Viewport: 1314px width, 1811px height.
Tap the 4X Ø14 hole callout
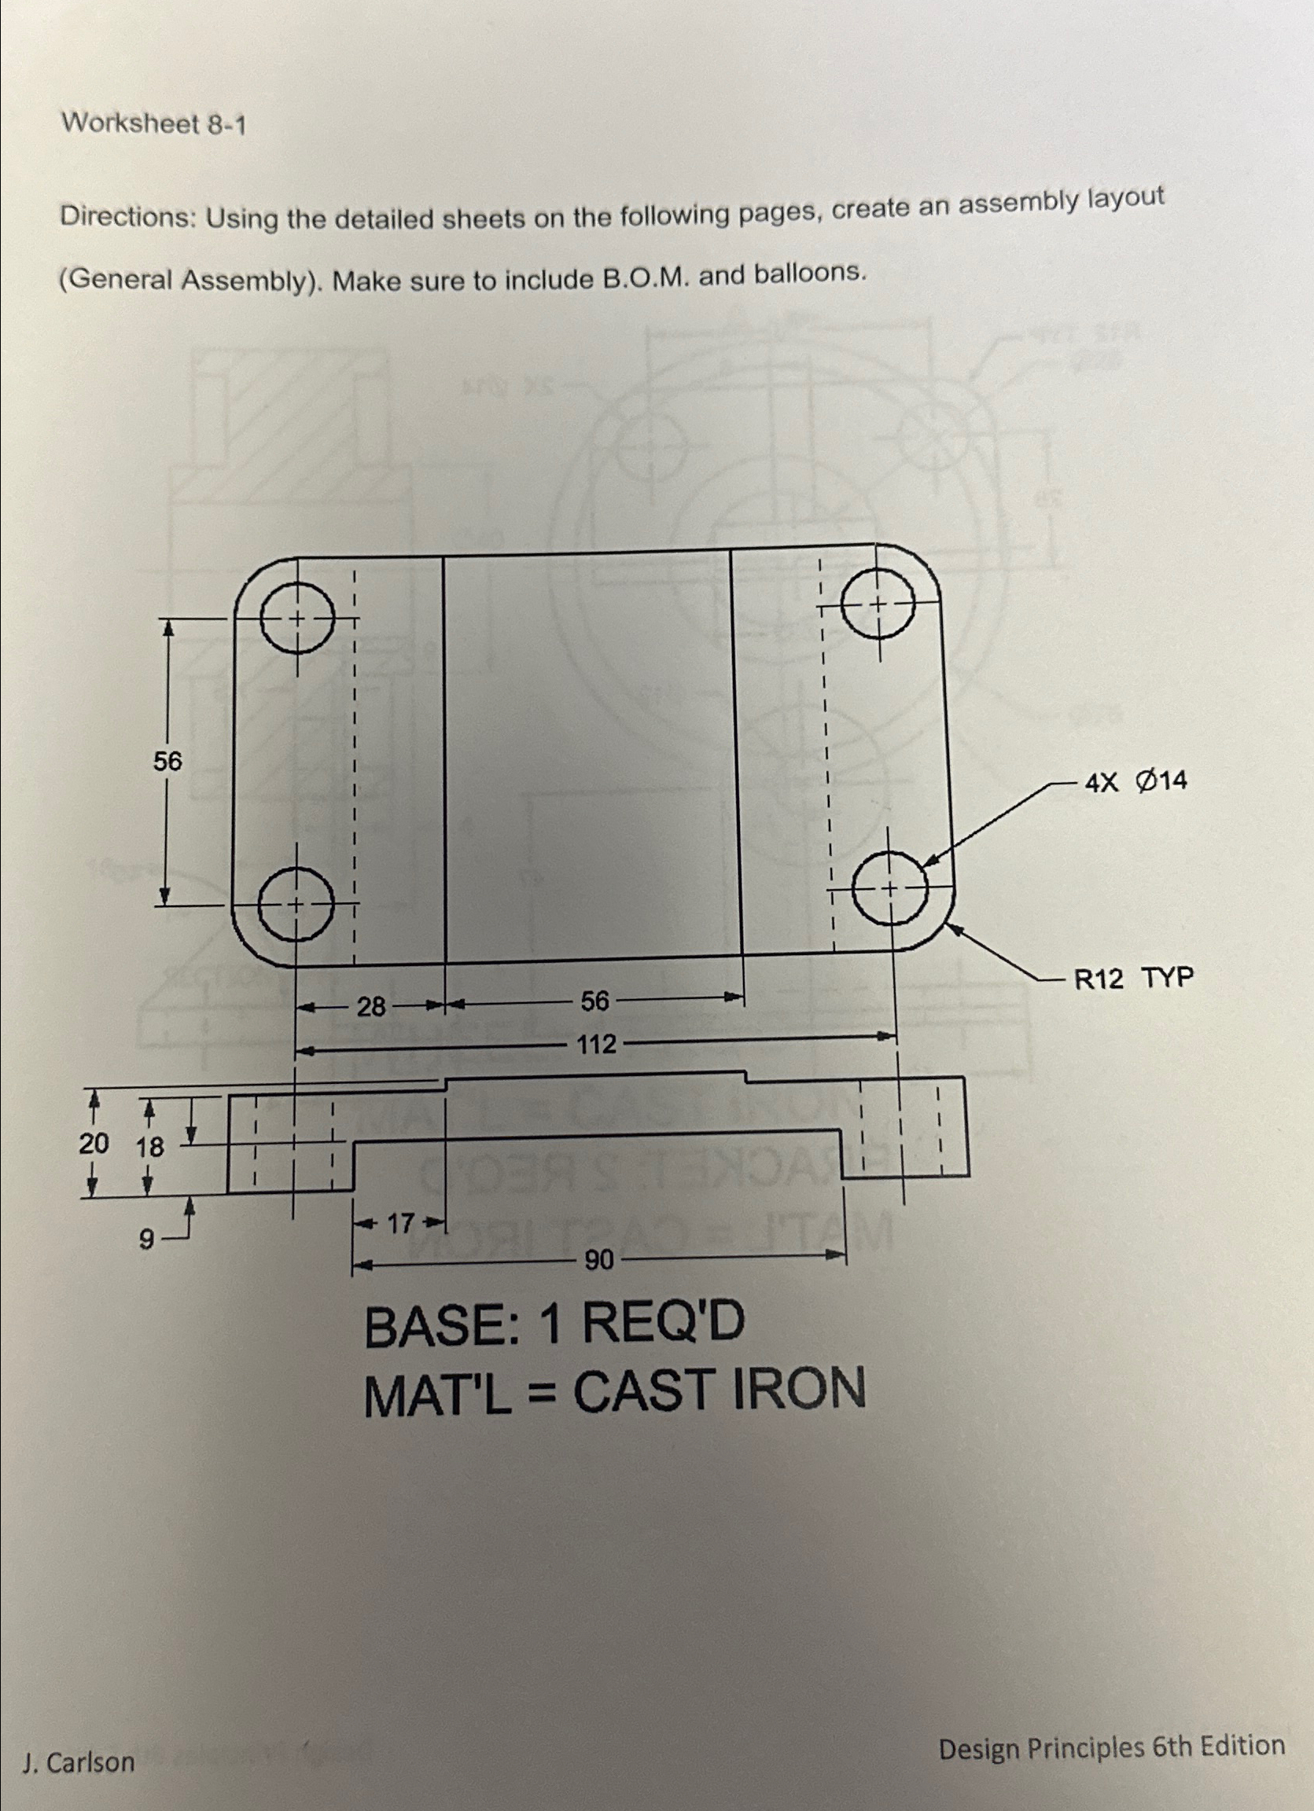(1135, 782)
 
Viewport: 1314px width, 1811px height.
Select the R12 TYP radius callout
(1133, 977)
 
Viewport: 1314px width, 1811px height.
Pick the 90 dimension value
(599, 1261)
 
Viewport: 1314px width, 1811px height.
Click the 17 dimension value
(399, 1222)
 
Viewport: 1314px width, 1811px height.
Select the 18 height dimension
(148, 1148)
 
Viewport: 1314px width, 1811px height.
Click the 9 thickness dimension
(146, 1240)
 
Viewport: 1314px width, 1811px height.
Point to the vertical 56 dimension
(167, 762)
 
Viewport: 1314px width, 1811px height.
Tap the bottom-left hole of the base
(296, 905)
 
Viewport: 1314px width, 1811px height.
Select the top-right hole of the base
(878, 604)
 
